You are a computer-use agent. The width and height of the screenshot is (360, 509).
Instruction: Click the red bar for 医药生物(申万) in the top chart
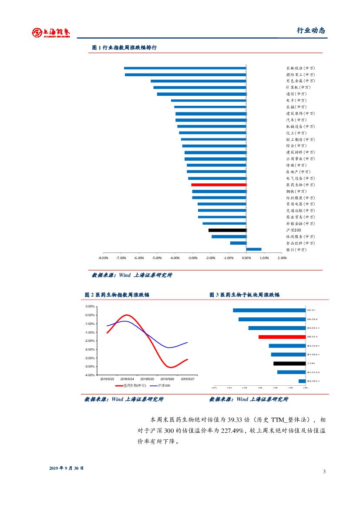click(219, 185)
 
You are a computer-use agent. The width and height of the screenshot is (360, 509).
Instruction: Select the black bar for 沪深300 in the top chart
click(227, 230)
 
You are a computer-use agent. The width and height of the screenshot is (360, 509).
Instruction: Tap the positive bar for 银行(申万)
click(254, 249)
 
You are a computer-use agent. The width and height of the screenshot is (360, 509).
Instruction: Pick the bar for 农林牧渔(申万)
click(185, 68)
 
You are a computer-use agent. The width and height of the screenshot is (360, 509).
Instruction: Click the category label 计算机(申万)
click(300, 88)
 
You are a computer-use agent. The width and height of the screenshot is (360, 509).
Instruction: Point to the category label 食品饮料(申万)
click(300, 243)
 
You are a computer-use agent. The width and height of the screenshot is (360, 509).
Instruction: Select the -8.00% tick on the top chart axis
click(104, 258)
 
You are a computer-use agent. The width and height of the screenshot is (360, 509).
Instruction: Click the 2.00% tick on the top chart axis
click(282, 258)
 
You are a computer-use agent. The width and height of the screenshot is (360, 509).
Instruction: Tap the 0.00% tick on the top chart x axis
click(246, 258)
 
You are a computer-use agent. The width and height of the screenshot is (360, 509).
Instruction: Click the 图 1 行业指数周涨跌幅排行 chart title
click(124, 47)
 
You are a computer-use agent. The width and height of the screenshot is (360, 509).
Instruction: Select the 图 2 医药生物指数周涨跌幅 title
click(117, 295)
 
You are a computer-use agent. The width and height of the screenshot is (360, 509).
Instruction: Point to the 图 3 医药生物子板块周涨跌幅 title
click(244, 295)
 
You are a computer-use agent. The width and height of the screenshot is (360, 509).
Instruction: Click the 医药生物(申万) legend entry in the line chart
click(131, 385)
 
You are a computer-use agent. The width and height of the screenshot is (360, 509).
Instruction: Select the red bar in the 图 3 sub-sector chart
click(282, 337)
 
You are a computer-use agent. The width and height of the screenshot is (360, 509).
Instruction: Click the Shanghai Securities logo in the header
click(51, 32)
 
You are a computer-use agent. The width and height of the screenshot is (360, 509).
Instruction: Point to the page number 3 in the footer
click(324, 472)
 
